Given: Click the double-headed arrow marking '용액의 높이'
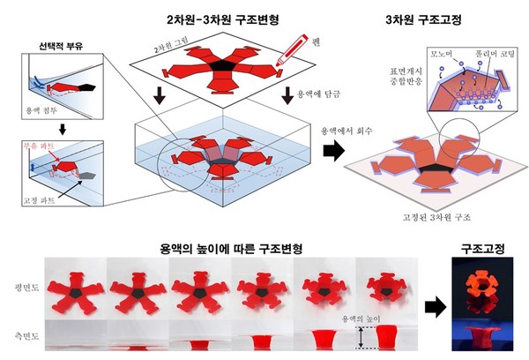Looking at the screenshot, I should coord(360,337).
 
